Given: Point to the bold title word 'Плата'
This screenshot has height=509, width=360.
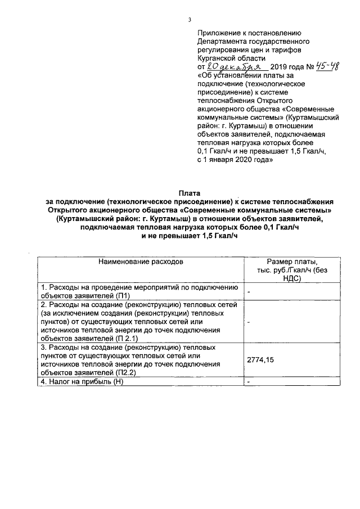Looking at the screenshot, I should tap(190, 193).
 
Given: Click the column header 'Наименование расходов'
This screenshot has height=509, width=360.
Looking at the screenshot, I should tap(141, 262).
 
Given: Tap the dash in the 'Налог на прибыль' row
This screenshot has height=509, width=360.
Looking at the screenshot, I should tap(249, 382).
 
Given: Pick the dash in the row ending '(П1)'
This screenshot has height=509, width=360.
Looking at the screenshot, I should tap(249, 292).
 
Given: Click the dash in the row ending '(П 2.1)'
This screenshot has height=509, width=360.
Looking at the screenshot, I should tap(249, 322).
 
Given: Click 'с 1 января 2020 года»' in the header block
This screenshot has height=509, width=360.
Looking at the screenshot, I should tap(235, 160).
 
